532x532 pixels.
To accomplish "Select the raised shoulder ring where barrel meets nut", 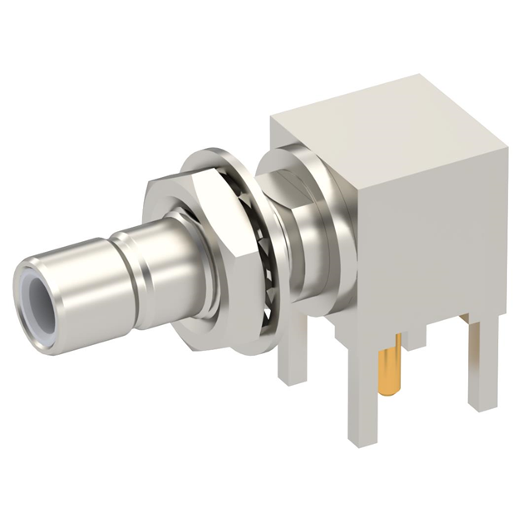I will click(x=170, y=241).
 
